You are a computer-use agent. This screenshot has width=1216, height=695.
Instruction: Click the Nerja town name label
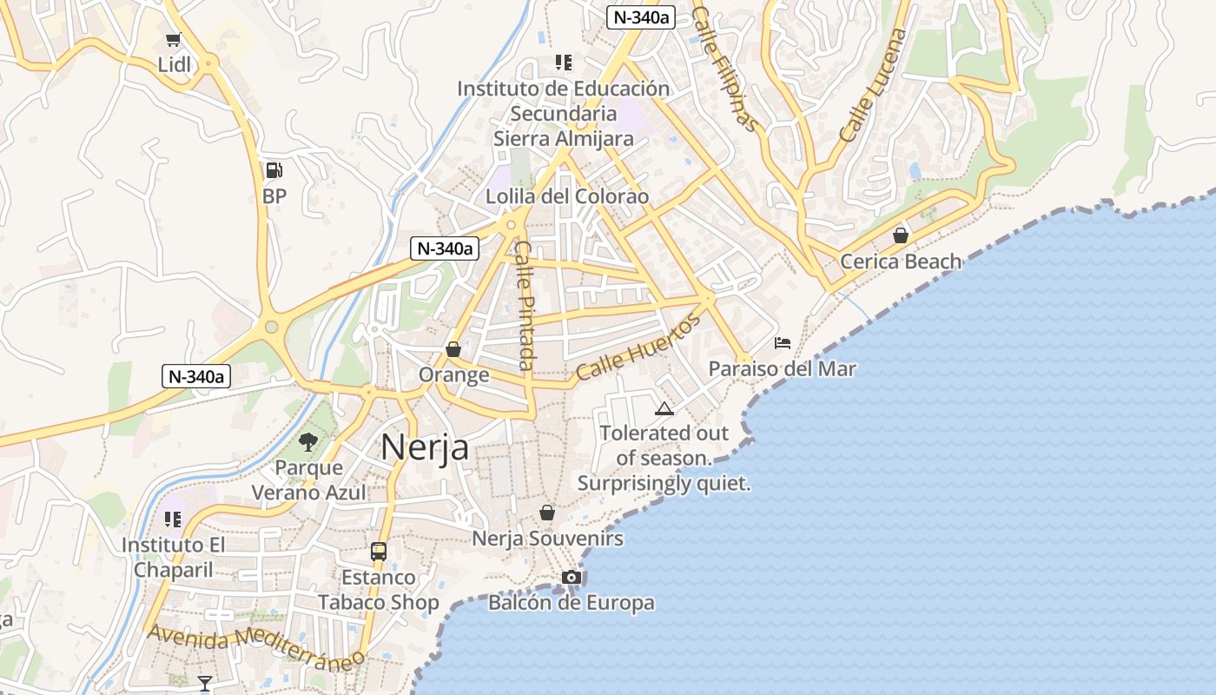(425, 447)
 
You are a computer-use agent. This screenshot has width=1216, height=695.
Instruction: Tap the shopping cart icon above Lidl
(174, 40)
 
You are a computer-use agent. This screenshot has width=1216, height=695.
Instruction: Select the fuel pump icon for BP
(274, 170)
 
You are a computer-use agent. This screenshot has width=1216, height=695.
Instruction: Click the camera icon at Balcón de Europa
(571, 578)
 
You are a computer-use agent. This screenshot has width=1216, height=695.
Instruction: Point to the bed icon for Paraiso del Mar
(782, 343)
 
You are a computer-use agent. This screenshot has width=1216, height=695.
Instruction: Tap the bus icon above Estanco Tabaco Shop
(378, 551)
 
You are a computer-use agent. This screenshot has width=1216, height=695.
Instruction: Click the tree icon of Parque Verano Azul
(307, 442)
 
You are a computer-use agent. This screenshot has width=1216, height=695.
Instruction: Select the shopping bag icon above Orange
(453, 349)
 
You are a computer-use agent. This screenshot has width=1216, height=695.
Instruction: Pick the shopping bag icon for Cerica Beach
(901, 235)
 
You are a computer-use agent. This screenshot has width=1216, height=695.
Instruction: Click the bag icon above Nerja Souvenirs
(546, 513)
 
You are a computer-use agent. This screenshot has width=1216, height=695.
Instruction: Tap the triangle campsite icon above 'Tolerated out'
(664, 408)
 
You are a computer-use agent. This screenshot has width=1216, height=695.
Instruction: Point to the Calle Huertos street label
(638, 348)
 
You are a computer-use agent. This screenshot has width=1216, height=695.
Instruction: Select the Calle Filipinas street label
(725, 69)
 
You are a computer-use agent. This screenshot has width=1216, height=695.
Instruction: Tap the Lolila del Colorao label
(566, 196)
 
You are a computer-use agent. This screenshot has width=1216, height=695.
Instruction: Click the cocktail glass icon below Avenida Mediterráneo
(204, 684)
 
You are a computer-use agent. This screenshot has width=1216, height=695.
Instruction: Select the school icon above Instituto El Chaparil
(172, 520)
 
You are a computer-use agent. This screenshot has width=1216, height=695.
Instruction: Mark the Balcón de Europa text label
(571, 603)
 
